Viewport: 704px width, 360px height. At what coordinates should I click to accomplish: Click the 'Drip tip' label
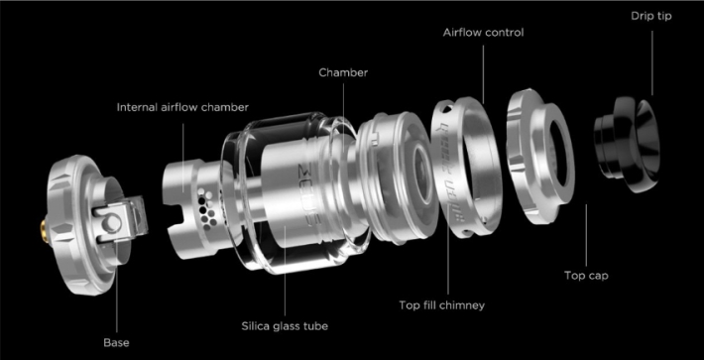[651, 16]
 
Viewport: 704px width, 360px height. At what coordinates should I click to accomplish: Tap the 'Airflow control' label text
[483, 33]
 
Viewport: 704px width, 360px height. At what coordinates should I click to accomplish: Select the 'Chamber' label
[343, 72]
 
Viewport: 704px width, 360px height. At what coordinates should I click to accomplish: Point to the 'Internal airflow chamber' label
[182, 108]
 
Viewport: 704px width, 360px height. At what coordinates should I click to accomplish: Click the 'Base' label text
[116, 343]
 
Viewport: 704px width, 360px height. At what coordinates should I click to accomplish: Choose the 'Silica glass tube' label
[285, 326]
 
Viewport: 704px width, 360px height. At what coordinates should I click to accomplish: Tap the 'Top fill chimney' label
[442, 305]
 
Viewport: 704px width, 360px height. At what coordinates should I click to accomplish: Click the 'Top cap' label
[586, 275]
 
